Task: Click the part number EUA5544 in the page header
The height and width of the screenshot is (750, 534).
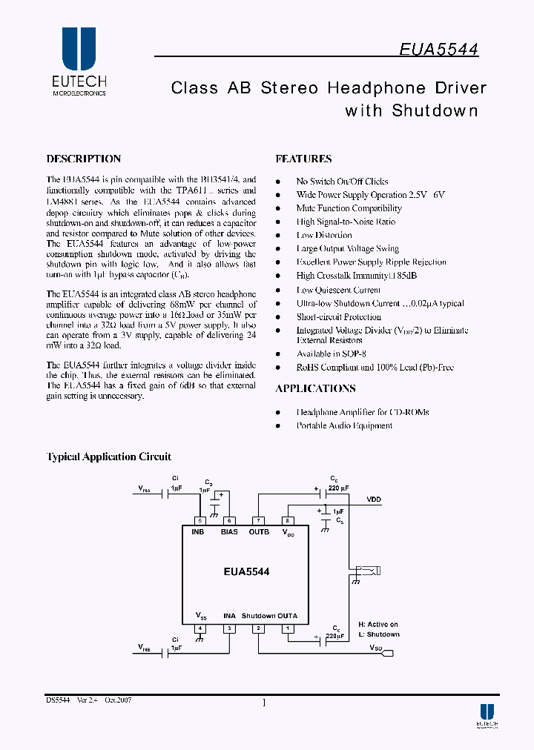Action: [x=439, y=49]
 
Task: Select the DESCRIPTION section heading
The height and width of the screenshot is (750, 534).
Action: [x=83, y=159]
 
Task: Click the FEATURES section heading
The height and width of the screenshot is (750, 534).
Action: [x=303, y=159]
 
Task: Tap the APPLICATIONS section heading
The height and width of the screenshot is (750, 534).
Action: [x=315, y=388]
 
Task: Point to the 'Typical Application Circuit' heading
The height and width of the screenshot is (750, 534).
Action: [x=109, y=457]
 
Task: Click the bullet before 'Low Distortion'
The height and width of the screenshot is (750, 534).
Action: [x=278, y=236]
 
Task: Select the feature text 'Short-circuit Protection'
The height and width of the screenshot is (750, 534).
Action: [x=338, y=316]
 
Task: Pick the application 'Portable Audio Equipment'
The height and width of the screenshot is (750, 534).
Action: [x=344, y=425]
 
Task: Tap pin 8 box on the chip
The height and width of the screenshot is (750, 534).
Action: [x=288, y=520]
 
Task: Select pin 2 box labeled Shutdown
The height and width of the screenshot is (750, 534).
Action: [x=258, y=628]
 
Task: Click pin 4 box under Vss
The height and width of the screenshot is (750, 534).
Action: [x=200, y=628]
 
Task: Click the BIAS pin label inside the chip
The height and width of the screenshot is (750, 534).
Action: [x=229, y=532]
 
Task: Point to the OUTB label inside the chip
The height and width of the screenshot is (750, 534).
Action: [x=259, y=532]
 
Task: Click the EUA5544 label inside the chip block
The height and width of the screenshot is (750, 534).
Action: [x=246, y=571]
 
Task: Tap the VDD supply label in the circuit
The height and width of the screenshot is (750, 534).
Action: [x=373, y=500]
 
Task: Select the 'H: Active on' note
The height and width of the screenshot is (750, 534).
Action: [x=378, y=625]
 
